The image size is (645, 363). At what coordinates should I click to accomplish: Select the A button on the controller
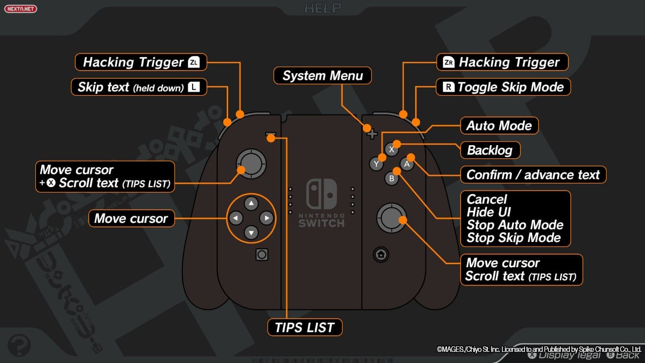point(407,164)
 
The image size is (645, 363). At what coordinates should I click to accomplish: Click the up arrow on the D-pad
point(251,204)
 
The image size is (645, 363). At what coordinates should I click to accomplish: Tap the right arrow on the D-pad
point(267,218)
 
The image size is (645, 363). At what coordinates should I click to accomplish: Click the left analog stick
point(251,162)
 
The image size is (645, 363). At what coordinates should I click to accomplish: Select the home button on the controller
point(381,255)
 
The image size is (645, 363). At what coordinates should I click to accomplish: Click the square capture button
point(262,255)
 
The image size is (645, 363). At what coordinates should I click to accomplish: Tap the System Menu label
point(322,76)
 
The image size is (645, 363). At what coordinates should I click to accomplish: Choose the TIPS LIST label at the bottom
point(304,327)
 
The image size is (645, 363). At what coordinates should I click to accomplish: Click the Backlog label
point(490,150)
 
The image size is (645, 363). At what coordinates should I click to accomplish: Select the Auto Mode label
point(499,125)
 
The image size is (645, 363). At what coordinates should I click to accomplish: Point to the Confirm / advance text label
point(533,174)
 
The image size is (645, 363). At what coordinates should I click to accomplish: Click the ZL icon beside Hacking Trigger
point(194,63)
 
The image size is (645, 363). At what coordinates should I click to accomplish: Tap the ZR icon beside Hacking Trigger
point(448,63)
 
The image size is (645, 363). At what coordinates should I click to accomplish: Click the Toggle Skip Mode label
point(503,87)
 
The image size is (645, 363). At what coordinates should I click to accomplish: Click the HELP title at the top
point(322,8)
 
